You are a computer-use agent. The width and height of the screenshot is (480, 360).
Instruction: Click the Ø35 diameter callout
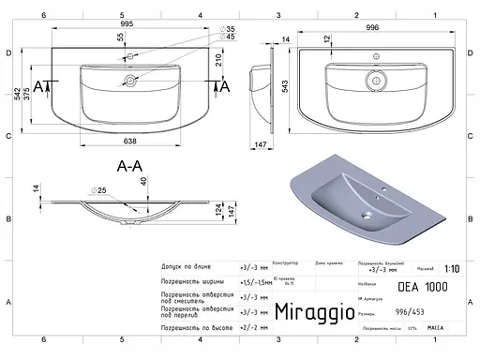229,29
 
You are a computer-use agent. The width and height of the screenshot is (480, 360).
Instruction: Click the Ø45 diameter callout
229,37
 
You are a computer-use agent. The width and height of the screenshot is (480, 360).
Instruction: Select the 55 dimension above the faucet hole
120,37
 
